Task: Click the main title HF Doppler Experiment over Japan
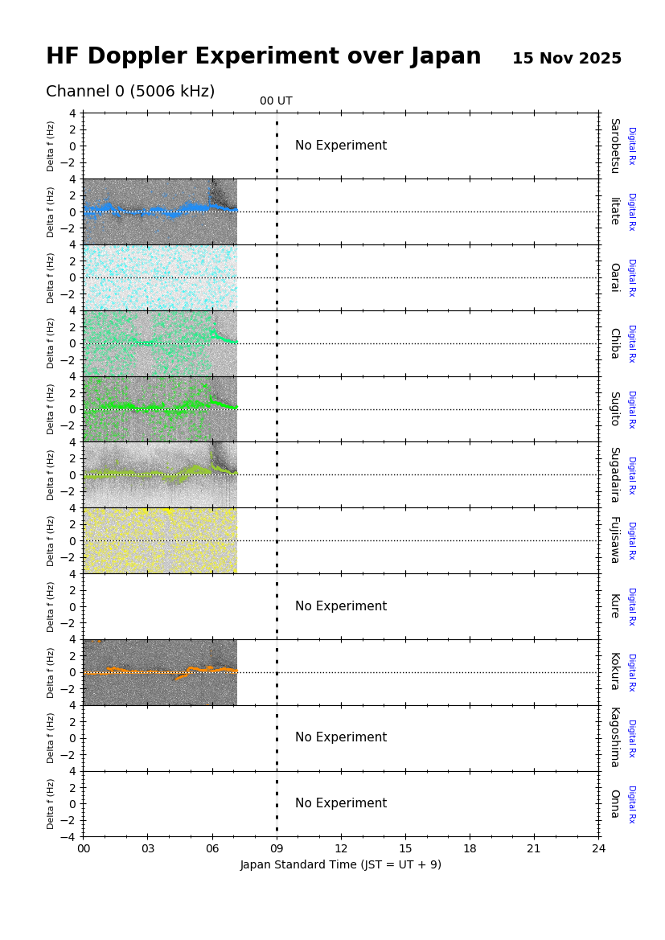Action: (x=263, y=57)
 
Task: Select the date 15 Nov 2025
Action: (x=567, y=59)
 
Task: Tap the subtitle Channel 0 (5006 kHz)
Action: (x=130, y=92)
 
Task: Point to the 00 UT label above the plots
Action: (x=276, y=101)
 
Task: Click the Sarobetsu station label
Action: (x=614, y=146)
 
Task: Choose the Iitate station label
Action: (x=614, y=211)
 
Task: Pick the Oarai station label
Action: (x=614, y=277)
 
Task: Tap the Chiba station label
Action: (x=614, y=343)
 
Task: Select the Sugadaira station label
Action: (x=614, y=474)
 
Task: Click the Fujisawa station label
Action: (x=614, y=540)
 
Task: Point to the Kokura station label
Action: (x=614, y=672)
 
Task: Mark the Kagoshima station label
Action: (x=614, y=737)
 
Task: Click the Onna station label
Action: (x=614, y=803)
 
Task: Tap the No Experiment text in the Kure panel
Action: (x=341, y=606)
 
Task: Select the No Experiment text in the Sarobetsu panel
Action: (x=341, y=146)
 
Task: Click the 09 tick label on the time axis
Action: (x=277, y=848)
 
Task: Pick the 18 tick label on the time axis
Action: (x=470, y=848)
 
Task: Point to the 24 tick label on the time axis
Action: (x=598, y=848)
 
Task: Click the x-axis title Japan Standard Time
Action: (x=340, y=864)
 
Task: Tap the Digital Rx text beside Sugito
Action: (x=632, y=409)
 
